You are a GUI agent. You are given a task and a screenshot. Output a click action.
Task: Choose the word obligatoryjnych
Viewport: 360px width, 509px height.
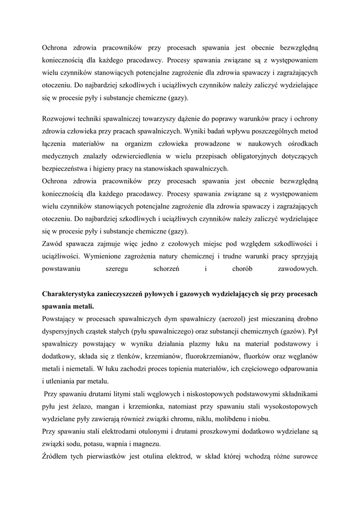click(241, 156)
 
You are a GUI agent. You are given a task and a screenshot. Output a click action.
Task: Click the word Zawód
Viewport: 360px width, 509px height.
click(53, 244)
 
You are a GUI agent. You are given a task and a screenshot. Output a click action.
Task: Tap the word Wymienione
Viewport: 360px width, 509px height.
click(105, 256)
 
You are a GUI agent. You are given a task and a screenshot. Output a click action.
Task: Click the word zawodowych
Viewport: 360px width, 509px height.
click(297, 268)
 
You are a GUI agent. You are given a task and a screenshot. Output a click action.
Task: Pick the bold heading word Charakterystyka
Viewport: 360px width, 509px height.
click(69, 294)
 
